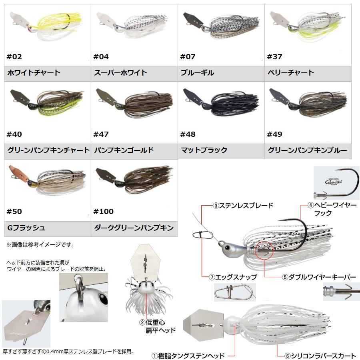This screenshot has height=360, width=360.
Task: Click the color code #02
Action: coord(14,57)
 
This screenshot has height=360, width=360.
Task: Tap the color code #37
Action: coord(274,57)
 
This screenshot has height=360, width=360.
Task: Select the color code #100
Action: coord(103,212)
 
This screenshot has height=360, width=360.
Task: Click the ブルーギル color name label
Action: coord(197,73)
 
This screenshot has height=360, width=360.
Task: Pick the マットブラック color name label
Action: coord(204,150)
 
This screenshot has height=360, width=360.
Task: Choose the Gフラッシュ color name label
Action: coord(26,228)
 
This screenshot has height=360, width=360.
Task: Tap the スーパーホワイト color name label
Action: coord(120,73)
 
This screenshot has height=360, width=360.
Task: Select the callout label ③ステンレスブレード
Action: coord(243,206)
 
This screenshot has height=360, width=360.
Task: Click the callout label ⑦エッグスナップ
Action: coord(233,277)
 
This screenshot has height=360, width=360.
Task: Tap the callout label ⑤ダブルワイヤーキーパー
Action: coord(319,277)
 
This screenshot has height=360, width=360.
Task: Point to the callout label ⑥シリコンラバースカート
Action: coord(320,356)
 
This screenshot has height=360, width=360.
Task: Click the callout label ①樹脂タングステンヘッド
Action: coord(188,356)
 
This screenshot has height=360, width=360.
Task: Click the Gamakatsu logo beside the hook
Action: coord(334,182)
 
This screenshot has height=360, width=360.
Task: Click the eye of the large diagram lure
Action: coord(228,248)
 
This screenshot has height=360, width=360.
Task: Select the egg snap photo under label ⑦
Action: coord(235,292)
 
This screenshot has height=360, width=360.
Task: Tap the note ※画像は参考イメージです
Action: coord(40,245)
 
